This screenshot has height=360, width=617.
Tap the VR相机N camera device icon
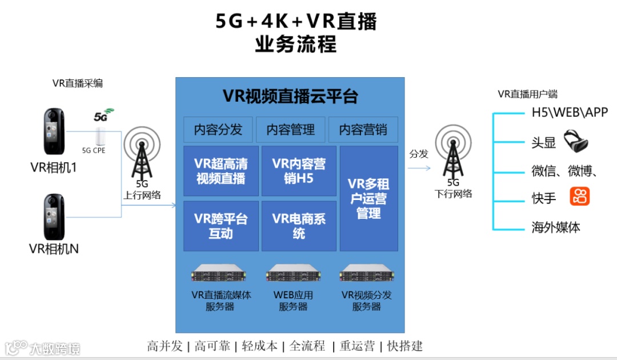[54, 217]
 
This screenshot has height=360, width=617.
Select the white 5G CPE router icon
[101, 136]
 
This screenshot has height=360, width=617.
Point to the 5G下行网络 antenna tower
[453, 153]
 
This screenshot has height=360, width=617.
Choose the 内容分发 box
[218, 130]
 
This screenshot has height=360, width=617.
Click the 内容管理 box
[290, 130]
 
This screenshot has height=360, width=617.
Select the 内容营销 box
[363, 130]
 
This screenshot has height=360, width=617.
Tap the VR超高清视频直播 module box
[221, 171]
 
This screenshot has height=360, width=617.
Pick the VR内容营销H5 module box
[299, 171]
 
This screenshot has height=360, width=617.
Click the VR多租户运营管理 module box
[368, 198]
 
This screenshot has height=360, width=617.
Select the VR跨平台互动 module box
[221, 226]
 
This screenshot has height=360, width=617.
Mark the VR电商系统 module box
[299, 226]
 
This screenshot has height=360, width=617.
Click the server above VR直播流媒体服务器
[221, 275]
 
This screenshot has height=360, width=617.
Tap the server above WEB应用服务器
[294, 275]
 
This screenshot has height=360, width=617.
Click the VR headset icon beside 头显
[576, 141]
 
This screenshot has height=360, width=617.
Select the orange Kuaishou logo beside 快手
[579, 197]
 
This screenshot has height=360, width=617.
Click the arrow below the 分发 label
[419, 169]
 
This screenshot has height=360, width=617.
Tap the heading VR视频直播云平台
[290, 96]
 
